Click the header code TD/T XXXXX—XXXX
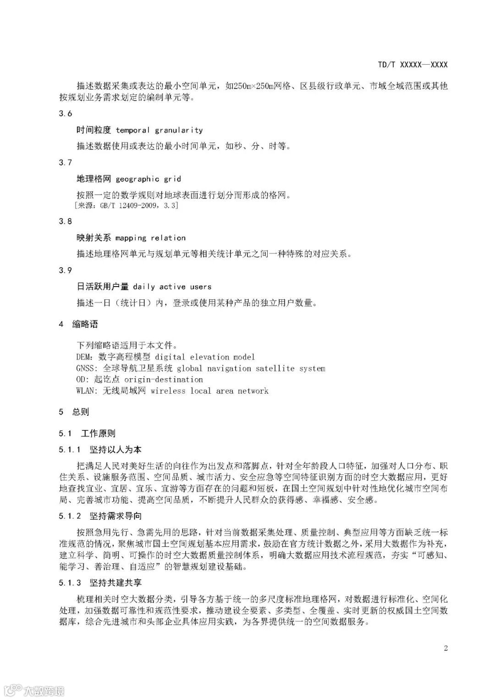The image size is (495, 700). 412,65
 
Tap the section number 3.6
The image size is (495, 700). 66,114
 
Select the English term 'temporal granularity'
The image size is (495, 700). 159,130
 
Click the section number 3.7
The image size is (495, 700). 66,163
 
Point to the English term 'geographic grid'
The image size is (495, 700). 148,179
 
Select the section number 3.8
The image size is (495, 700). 66,221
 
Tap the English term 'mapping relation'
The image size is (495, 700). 150,238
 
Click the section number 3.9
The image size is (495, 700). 66,270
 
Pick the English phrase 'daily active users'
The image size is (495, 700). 172,287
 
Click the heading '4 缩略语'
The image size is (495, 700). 78,325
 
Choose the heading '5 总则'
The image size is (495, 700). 74,412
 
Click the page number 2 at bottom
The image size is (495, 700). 445,648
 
